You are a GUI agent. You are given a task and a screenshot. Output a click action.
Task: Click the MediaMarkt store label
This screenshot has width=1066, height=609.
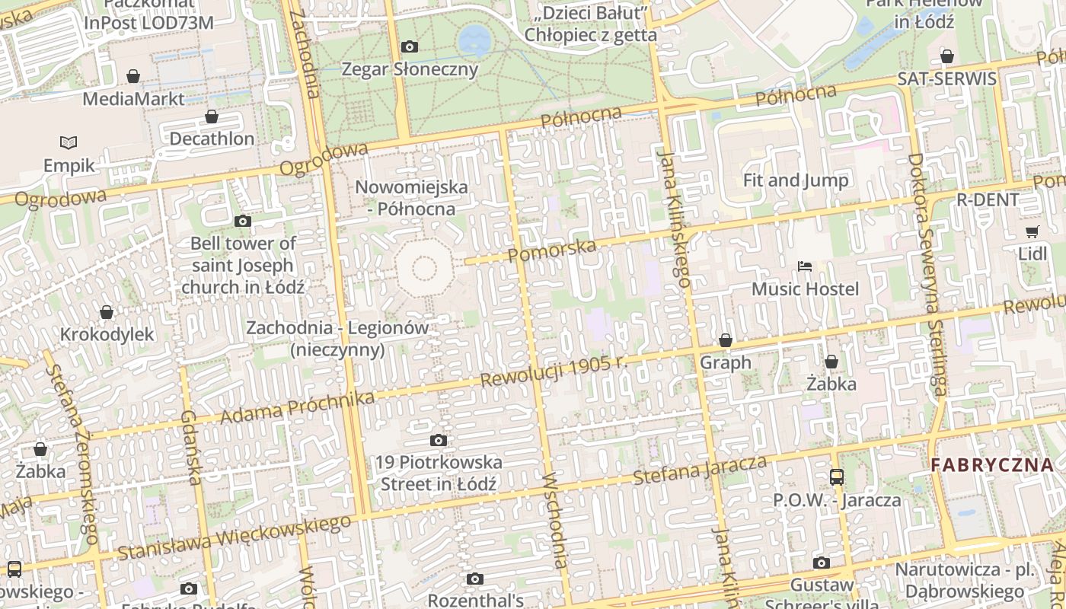click(133, 99)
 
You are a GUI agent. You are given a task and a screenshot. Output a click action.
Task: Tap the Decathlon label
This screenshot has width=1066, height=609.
click(212, 139)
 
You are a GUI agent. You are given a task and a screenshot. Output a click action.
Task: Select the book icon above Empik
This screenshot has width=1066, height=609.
click(69, 142)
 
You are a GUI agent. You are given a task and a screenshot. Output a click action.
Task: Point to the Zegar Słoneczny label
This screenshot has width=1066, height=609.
click(410, 69)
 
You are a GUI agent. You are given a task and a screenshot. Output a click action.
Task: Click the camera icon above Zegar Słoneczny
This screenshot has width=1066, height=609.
click(410, 47)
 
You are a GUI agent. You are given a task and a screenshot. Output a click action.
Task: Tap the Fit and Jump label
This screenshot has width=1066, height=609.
click(796, 180)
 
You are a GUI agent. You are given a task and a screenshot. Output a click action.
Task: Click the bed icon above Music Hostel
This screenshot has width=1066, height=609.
click(805, 266)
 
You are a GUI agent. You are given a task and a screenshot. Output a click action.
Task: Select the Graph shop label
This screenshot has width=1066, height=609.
click(726, 362)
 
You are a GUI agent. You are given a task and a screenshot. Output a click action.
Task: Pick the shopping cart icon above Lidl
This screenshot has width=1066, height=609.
click(1032, 231)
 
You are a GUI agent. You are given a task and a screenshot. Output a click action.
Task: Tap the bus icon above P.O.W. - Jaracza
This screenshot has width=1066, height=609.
click(837, 477)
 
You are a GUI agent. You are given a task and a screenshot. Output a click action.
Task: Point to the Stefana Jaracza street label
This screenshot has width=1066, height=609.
click(700, 469)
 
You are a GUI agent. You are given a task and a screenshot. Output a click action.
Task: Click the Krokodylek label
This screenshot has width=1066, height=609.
click(107, 334)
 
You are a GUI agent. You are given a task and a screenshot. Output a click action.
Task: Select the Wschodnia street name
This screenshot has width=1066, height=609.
click(554, 520)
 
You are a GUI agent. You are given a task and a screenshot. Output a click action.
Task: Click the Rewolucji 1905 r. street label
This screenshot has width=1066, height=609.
click(555, 371)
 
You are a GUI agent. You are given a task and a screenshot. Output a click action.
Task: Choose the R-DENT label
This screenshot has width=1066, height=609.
click(988, 200)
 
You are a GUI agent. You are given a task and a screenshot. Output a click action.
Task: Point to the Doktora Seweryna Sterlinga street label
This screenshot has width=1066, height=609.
click(927, 275)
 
